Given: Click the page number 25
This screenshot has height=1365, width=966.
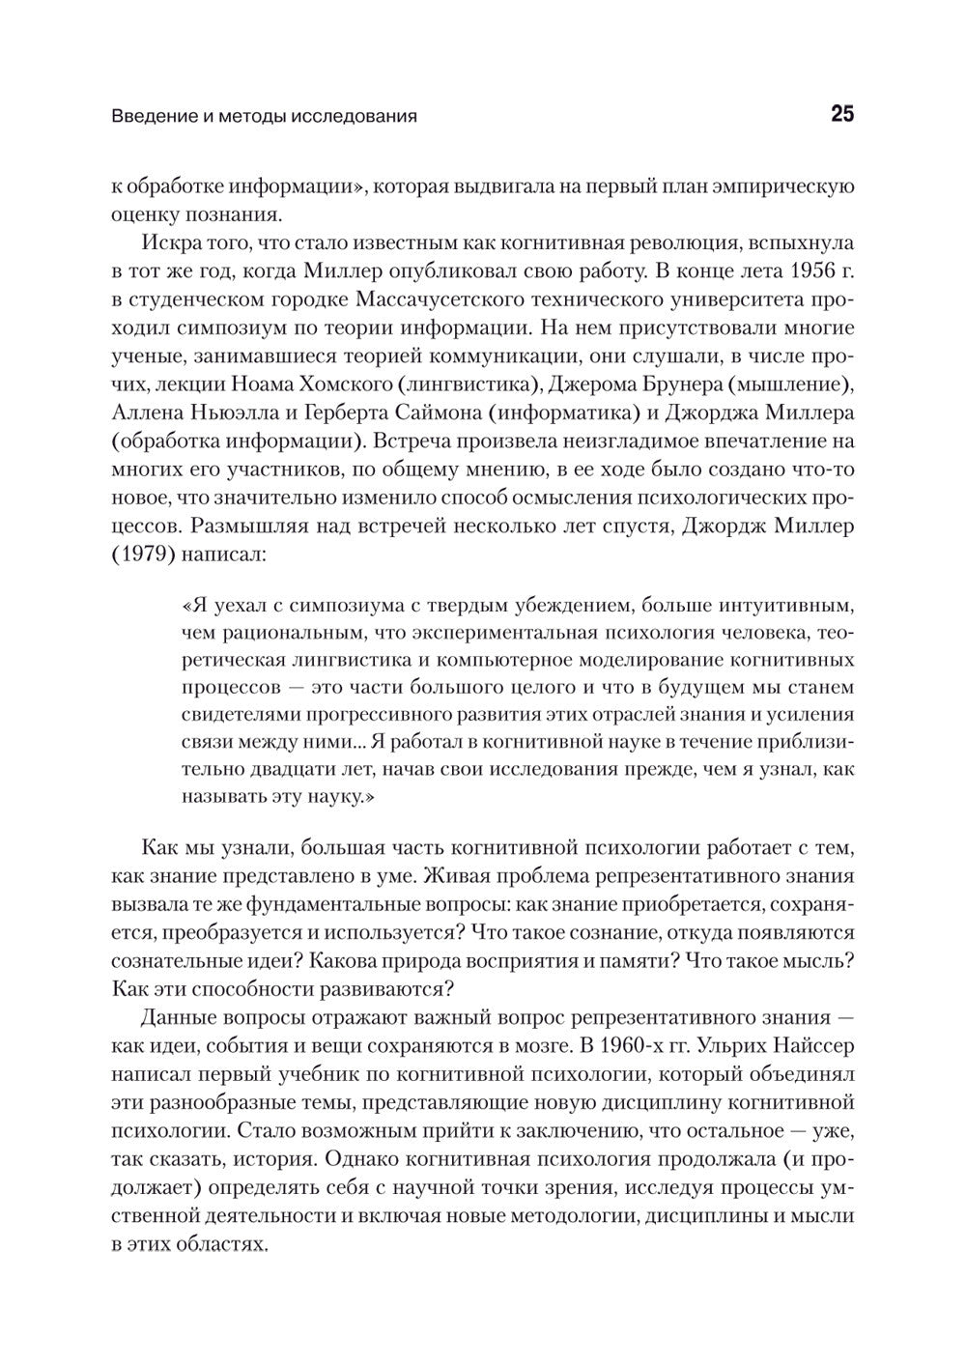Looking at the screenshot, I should pos(841,115).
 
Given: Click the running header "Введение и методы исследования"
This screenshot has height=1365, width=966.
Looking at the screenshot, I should pos(264,117).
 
